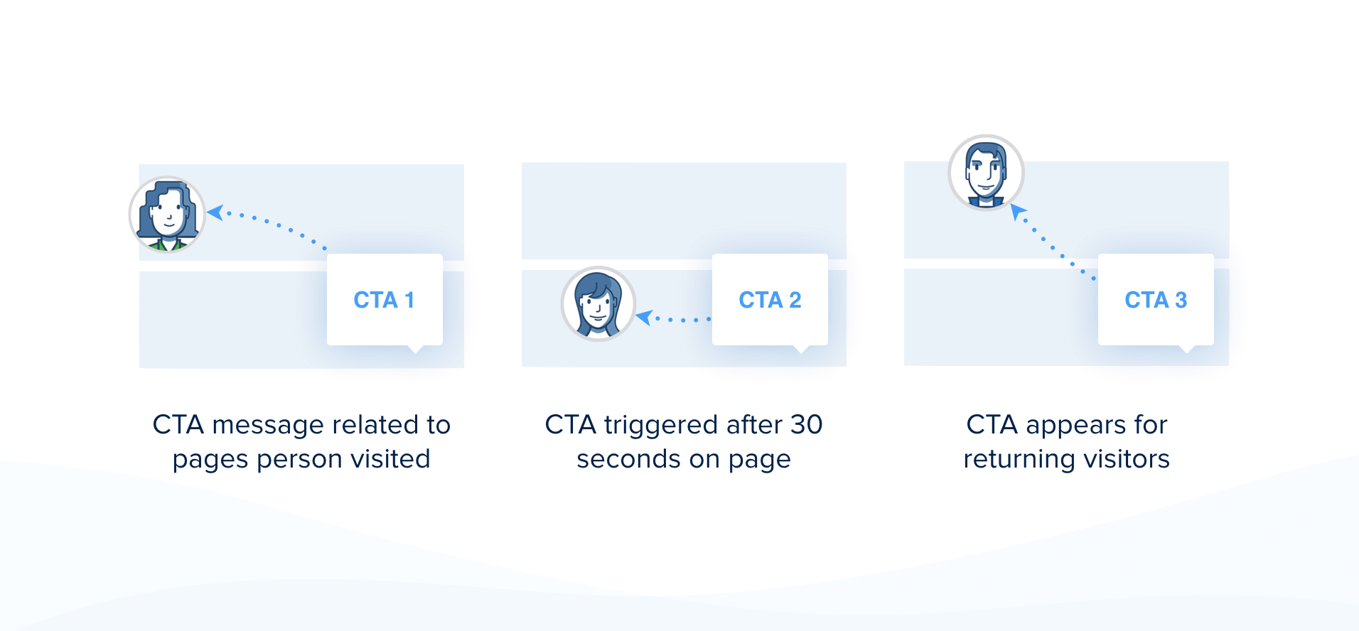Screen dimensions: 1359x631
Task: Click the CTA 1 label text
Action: pyautogui.click(x=384, y=300)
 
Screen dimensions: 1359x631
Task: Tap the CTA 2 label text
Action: pyautogui.click(x=770, y=300)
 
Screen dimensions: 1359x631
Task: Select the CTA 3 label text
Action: pyautogui.click(x=1156, y=300)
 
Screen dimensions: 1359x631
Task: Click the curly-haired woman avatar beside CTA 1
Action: pyautogui.click(x=167, y=214)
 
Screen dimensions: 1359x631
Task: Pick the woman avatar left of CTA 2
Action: pyautogui.click(x=598, y=303)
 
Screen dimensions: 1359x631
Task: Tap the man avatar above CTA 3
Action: pyautogui.click(x=986, y=173)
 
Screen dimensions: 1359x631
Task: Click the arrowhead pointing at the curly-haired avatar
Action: pyautogui.click(x=215, y=212)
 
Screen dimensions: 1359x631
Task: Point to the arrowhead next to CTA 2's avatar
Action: pyautogui.click(x=644, y=317)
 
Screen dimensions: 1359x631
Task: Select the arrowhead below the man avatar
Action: pyautogui.click(x=1019, y=212)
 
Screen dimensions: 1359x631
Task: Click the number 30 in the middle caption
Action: pyautogui.click(x=806, y=425)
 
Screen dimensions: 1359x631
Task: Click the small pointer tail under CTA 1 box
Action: pyautogui.click(x=415, y=349)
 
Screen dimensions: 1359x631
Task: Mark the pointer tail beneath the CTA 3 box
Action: pyautogui.click(x=1186, y=349)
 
